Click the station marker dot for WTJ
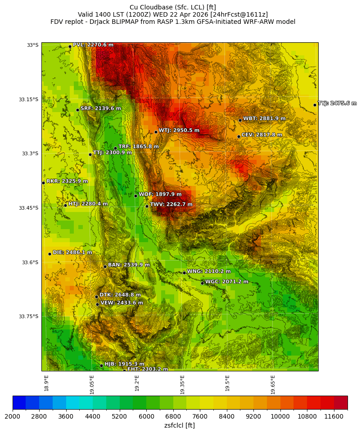(156, 132)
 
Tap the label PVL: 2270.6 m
(93, 45)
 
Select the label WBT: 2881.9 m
(264, 119)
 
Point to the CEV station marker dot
(239, 136)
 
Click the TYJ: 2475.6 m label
(337, 104)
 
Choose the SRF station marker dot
(77, 110)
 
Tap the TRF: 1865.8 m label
(138, 147)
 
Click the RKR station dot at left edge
(43, 183)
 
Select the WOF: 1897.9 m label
(160, 194)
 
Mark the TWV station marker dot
(147, 206)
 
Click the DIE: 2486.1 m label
(72, 253)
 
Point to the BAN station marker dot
(105, 266)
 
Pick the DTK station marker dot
(96, 297)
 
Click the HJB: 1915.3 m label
(124, 364)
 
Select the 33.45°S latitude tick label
(28, 208)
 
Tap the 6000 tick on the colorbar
(146, 417)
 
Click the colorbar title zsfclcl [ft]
(180, 425)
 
